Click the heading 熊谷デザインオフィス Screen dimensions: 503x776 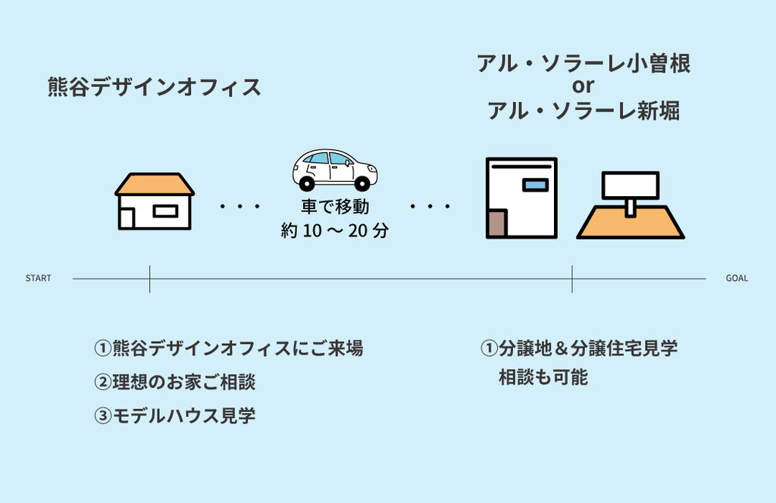point(155,87)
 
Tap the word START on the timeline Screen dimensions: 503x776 point(39,279)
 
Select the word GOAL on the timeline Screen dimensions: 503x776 point(737,279)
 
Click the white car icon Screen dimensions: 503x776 point(334,169)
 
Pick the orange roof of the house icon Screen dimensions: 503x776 point(155,184)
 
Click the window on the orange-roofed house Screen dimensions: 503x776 point(164,211)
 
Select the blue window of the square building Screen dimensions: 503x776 point(534,184)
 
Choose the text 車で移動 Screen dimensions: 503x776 point(334,206)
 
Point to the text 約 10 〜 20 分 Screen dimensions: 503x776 point(334,231)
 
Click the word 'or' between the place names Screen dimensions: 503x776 point(583,87)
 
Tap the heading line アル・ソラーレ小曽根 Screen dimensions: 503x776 point(583,64)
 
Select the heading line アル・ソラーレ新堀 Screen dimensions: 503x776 point(583,111)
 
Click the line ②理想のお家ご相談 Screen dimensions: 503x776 point(174,382)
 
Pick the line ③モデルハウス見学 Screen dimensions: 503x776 point(174,416)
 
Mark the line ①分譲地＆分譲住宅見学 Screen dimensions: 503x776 point(579,348)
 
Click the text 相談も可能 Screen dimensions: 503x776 point(543,376)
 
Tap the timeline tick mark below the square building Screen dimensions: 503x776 point(572,279)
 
